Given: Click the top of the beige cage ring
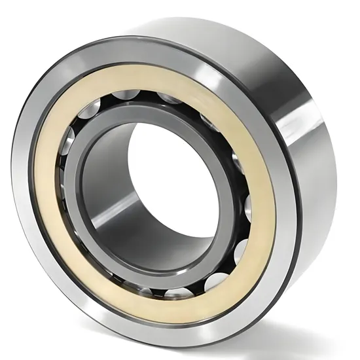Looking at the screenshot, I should (157, 77).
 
